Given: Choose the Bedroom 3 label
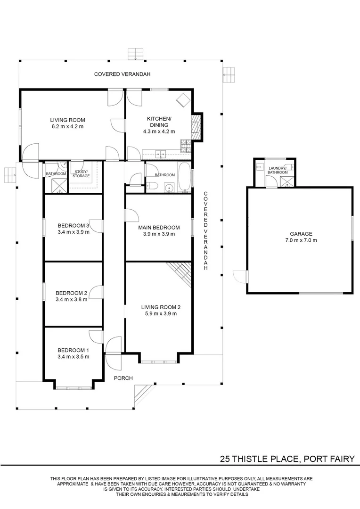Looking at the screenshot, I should (x=73, y=225).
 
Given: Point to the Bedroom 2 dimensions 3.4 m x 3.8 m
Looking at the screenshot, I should (x=71, y=299).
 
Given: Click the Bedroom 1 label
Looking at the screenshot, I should (x=73, y=350).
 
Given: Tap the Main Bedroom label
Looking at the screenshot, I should (x=159, y=228).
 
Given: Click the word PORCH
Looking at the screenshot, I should (x=124, y=378).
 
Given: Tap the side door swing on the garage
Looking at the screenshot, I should (x=240, y=276).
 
